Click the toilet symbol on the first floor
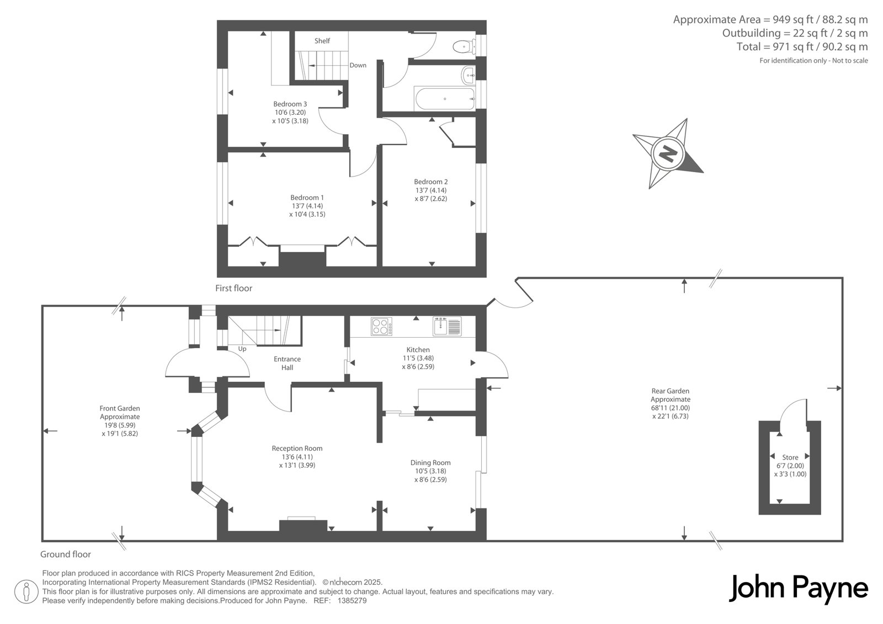[x=464, y=47]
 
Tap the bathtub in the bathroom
[x=444, y=99]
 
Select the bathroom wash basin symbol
[x=468, y=75]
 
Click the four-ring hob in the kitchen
[x=381, y=327]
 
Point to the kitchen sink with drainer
[x=447, y=327]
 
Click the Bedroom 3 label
[x=290, y=104]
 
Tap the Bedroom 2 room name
[x=431, y=182]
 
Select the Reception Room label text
[x=297, y=448]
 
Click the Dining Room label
[x=430, y=462]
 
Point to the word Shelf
[x=322, y=41]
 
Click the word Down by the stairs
[x=358, y=65]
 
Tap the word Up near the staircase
[x=242, y=349]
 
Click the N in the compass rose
[x=667, y=153]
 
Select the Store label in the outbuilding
[x=790, y=457]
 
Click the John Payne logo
[x=798, y=589]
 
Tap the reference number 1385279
[x=352, y=601]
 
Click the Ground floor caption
[x=66, y=554]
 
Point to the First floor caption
[x=234, y=288]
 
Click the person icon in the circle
[x=26, y=591]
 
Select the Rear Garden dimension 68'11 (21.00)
[x=670, y=408]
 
